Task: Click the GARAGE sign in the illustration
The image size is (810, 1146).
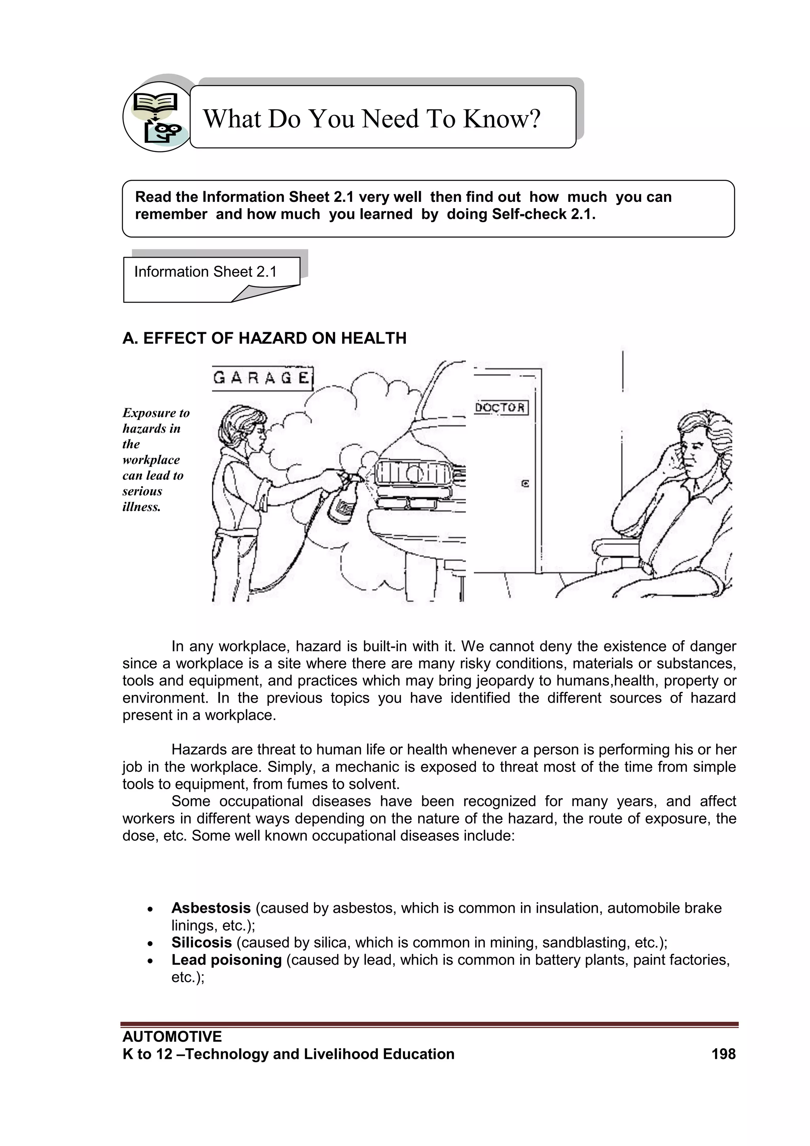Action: [262, 378]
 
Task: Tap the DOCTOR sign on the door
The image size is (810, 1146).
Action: [500, 408]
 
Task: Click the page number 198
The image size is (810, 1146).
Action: [723, 1054]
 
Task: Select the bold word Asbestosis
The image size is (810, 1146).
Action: [211, 908]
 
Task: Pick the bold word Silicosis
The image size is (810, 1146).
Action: [201, 943]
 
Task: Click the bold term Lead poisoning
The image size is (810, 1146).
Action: [227, 960]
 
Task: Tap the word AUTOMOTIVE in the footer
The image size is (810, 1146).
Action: [172, 1037]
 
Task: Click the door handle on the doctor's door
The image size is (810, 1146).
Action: [525, 483]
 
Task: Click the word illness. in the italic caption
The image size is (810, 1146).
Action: [142, 507]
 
